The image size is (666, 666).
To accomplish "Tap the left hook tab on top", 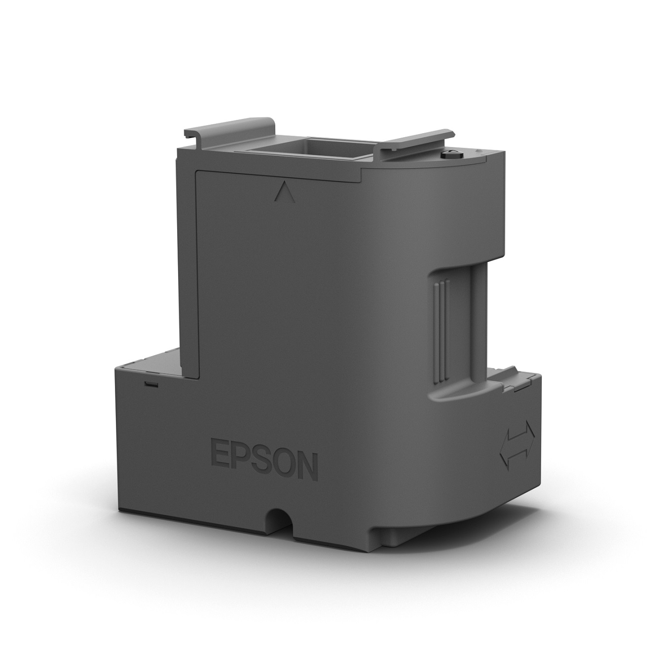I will point(229,128).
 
